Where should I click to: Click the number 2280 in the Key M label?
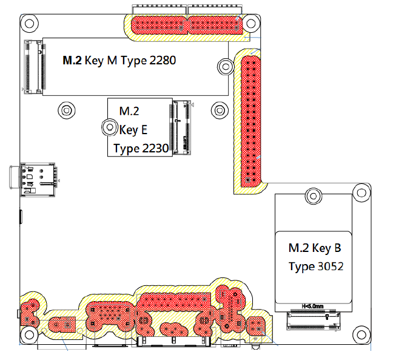pyautogui.click(x=163, y=61)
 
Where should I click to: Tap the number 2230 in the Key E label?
pyautogui.click(x=155, y=148)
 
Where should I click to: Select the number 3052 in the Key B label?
pyautogui.click(x=330, y=266)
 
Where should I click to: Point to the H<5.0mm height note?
pyautogui.click(x=312, y=307)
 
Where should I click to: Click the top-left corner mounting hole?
pyautogui.click(x=29, y=24)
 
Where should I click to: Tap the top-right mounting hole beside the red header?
pyautogui.click(x=251, y=23)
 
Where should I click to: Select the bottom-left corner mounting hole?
pyautogui.click(x=29, y=335)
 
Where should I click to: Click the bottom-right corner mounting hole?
pyautogui.click(x=361, y=335)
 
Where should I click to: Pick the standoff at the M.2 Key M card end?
pyautogui.click(x=226, y=67)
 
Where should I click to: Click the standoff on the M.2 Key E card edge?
pyautogui.click(x=110, y=127)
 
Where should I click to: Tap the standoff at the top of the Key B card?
pyautogui.click(x=314, y=196)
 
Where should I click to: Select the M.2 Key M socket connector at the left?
pyautogui.click(x=35, y=67)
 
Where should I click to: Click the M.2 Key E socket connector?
pyautogui.click(x=181, y=127)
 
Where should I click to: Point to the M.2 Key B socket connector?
pyautogui.click(x=314, y=321)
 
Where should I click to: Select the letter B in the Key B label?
pyautogui.click(x=338, y=248)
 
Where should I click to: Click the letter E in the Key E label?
pyautogui.click(x=144, y=130)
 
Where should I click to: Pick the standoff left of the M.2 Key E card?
pyautogui.click(x=67, y=110)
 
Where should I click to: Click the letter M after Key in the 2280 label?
pyautogui.click(x=112, y=61)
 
